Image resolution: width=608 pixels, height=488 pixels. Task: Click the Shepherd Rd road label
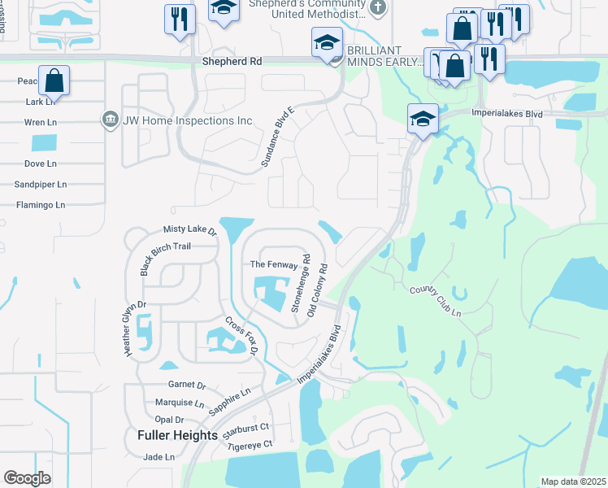[232, 61]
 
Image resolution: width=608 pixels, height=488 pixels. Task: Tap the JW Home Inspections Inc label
[188, 120]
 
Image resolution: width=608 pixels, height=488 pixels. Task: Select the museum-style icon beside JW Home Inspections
[109, 120]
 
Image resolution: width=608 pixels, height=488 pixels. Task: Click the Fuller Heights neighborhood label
[172, 435]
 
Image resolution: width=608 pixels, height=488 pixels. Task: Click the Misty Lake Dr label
[190, 231]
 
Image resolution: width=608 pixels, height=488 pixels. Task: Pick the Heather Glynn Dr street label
[134, 329]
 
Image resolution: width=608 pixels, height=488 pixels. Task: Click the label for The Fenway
[269, 264]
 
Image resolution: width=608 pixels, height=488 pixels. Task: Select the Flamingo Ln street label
[40, 205]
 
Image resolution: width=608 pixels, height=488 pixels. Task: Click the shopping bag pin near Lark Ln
[54, 81]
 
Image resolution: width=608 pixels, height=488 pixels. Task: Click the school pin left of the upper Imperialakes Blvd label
[423, 119]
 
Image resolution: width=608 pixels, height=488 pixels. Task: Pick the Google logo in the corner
[28, 478]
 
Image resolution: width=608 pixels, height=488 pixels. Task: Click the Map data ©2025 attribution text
[572, 481]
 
